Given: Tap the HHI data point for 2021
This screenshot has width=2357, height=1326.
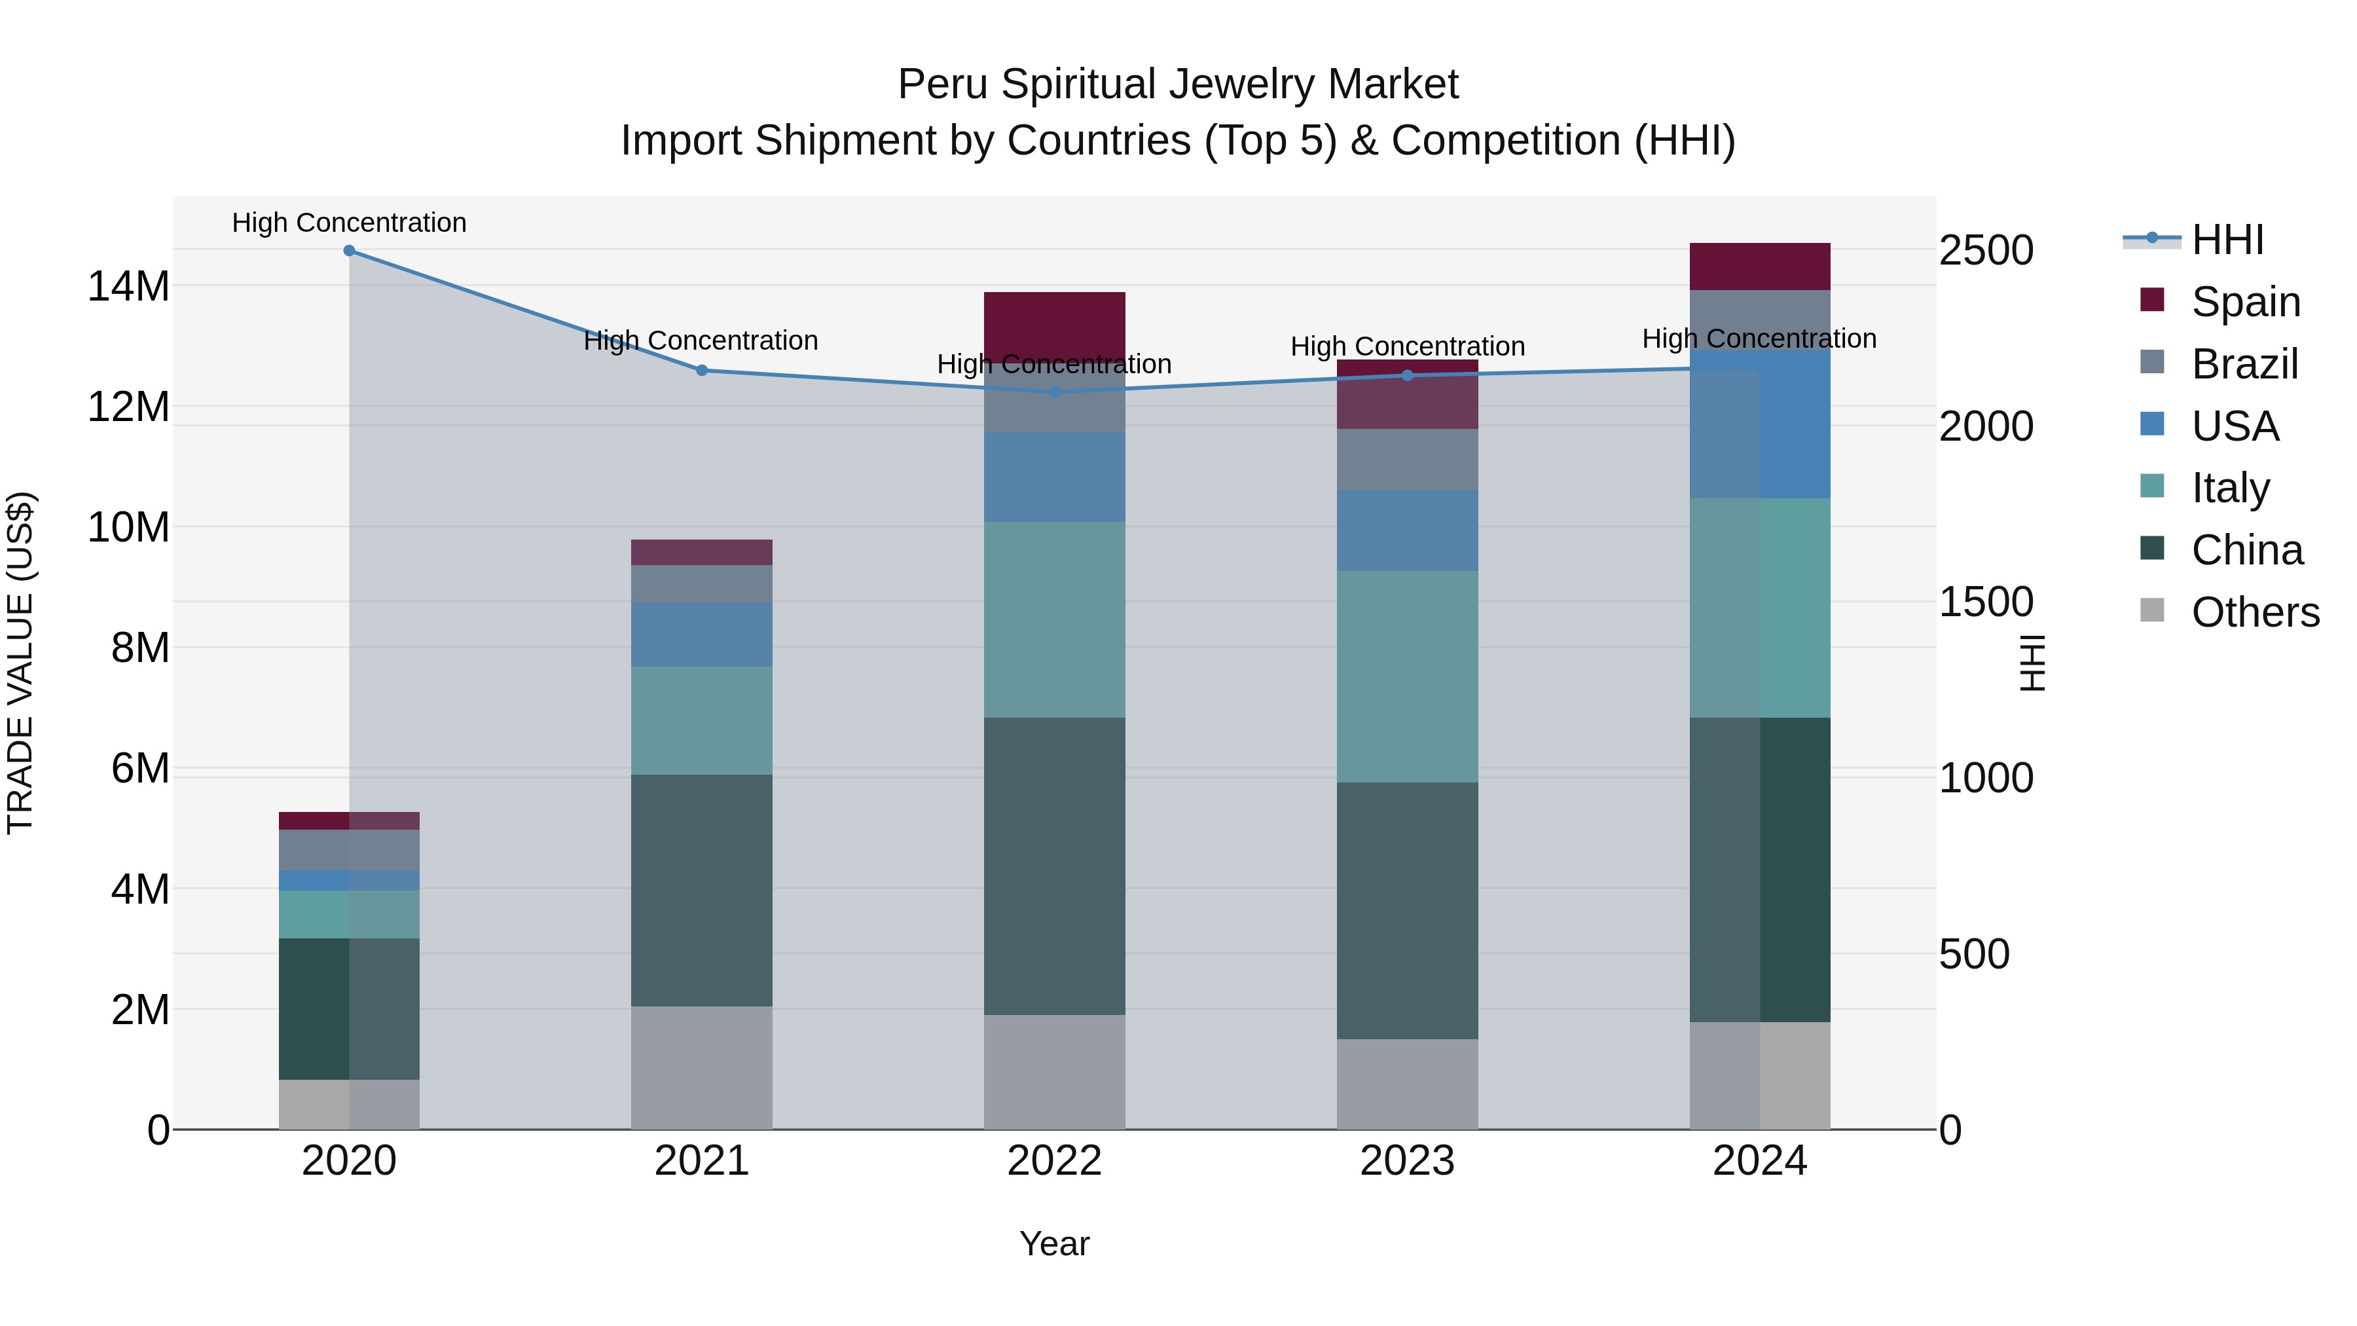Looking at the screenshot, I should pos(702,371).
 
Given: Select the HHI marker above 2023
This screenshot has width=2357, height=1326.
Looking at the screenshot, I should pos(1407,375).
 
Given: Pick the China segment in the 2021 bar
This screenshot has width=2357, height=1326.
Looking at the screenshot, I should pos(702,891).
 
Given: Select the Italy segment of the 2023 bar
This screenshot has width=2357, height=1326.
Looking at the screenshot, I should pos(1407,676).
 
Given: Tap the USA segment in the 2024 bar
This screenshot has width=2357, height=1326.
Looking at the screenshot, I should pos(1759,424).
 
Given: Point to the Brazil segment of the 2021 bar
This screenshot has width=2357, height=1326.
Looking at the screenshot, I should pos(702,584).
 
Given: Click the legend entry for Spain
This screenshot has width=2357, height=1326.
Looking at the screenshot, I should pos(2246,302).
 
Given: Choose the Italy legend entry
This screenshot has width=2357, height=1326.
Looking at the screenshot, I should pos(2230,488).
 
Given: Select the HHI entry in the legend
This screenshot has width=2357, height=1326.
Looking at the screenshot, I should pos(2227,240).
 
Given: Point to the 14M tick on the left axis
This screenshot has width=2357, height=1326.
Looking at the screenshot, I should pos(128,286).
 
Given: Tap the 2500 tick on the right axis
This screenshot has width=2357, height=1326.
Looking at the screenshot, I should pos(1986,251).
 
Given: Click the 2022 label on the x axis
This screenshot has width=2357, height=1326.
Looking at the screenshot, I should pos(1054,1161).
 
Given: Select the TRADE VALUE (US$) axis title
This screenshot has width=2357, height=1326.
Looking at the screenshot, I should pos(20,663).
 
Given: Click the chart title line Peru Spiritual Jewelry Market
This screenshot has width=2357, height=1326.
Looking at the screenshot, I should pos(1178,84).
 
